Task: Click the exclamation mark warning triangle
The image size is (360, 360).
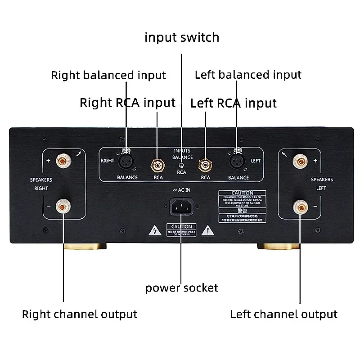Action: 207,232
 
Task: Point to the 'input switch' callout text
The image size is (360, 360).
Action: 182,37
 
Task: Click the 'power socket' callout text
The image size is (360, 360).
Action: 182,288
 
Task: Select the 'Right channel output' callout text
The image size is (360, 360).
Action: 80,314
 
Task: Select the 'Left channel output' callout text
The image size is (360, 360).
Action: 283,314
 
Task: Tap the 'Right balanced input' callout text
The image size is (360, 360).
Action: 108,75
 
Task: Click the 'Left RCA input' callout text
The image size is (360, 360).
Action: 234,103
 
